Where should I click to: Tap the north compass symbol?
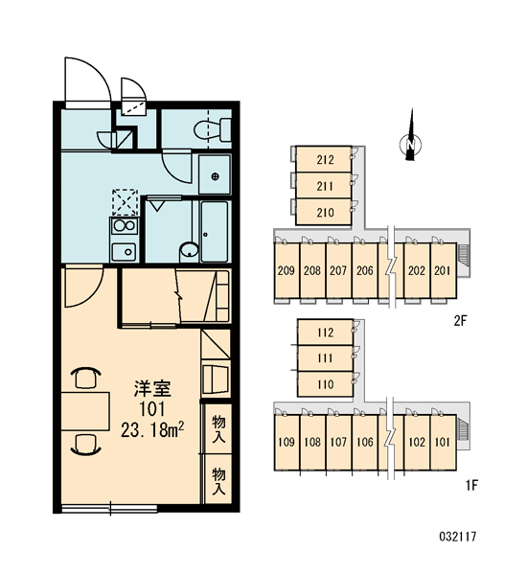(x=410, y=140)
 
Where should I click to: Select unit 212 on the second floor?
(x=324, y=159)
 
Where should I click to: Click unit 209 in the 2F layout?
(x=286, y=270)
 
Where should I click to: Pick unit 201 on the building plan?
(x=443, y=270)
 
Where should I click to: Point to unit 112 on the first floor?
(x=325, y=333)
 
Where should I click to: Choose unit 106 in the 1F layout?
(x=364, y=442)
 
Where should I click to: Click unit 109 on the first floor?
(x=286, y=442)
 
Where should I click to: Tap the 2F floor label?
(x=460, y=321)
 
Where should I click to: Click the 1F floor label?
(x=471, y=485)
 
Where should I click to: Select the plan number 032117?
(x=458, y=537)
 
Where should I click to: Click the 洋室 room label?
(x=152, y=389)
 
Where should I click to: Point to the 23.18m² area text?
(x=152, y=430)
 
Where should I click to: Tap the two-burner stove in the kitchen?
(x=124, y=226)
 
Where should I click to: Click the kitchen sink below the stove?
(x=124, y=252)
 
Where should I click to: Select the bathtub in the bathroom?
(x=215, y=231)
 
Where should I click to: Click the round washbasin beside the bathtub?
(x=189, y=251)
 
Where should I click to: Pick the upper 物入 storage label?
(x=218, y=428)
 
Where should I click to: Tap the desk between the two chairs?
(x=85, y=411)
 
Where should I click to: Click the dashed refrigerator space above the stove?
(x=126, y=202)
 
